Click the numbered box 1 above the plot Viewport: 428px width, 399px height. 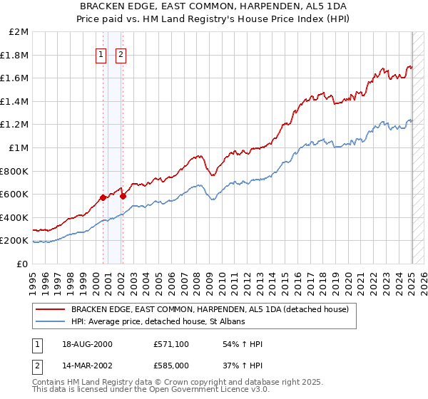101,54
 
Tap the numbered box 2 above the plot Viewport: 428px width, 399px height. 121,54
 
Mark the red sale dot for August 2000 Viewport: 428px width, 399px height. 103,197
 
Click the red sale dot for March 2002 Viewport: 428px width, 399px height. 123,196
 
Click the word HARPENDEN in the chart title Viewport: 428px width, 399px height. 267,8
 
